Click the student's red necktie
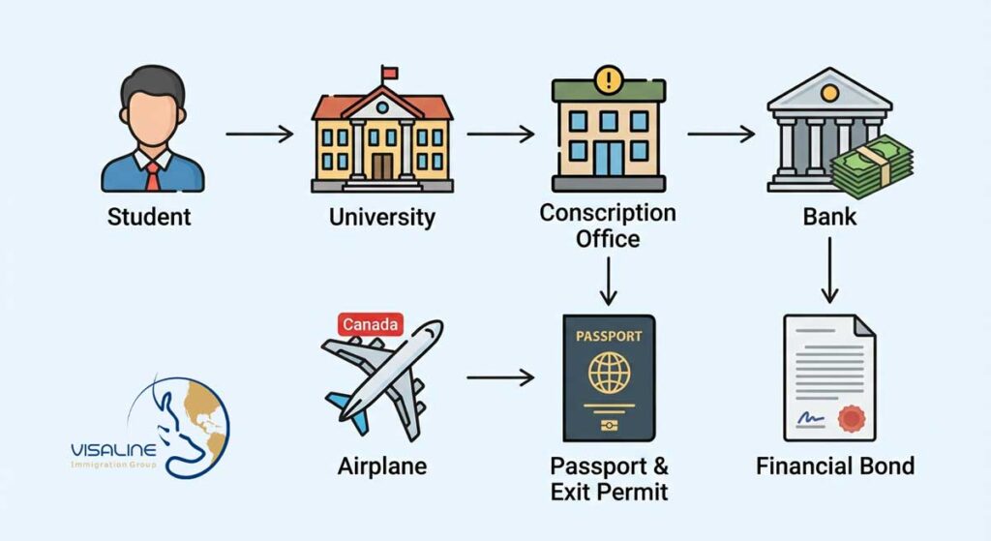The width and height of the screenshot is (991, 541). click(153, 175)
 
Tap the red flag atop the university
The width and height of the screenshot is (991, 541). click(389, 72)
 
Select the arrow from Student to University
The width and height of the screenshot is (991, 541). click(259, 134)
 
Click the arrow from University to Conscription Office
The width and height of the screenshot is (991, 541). click(499, 134)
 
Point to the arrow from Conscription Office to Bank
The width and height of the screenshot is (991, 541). click(720, 134)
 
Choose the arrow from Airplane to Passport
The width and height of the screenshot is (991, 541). click(499, 377)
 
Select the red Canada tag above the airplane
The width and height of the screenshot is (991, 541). click(371, 324)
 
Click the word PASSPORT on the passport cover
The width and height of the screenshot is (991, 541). click(609, 337)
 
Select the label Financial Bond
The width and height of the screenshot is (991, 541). click(834, 466)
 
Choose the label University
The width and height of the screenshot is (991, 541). click(382, 216)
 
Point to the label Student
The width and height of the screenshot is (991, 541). click(149, 216)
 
